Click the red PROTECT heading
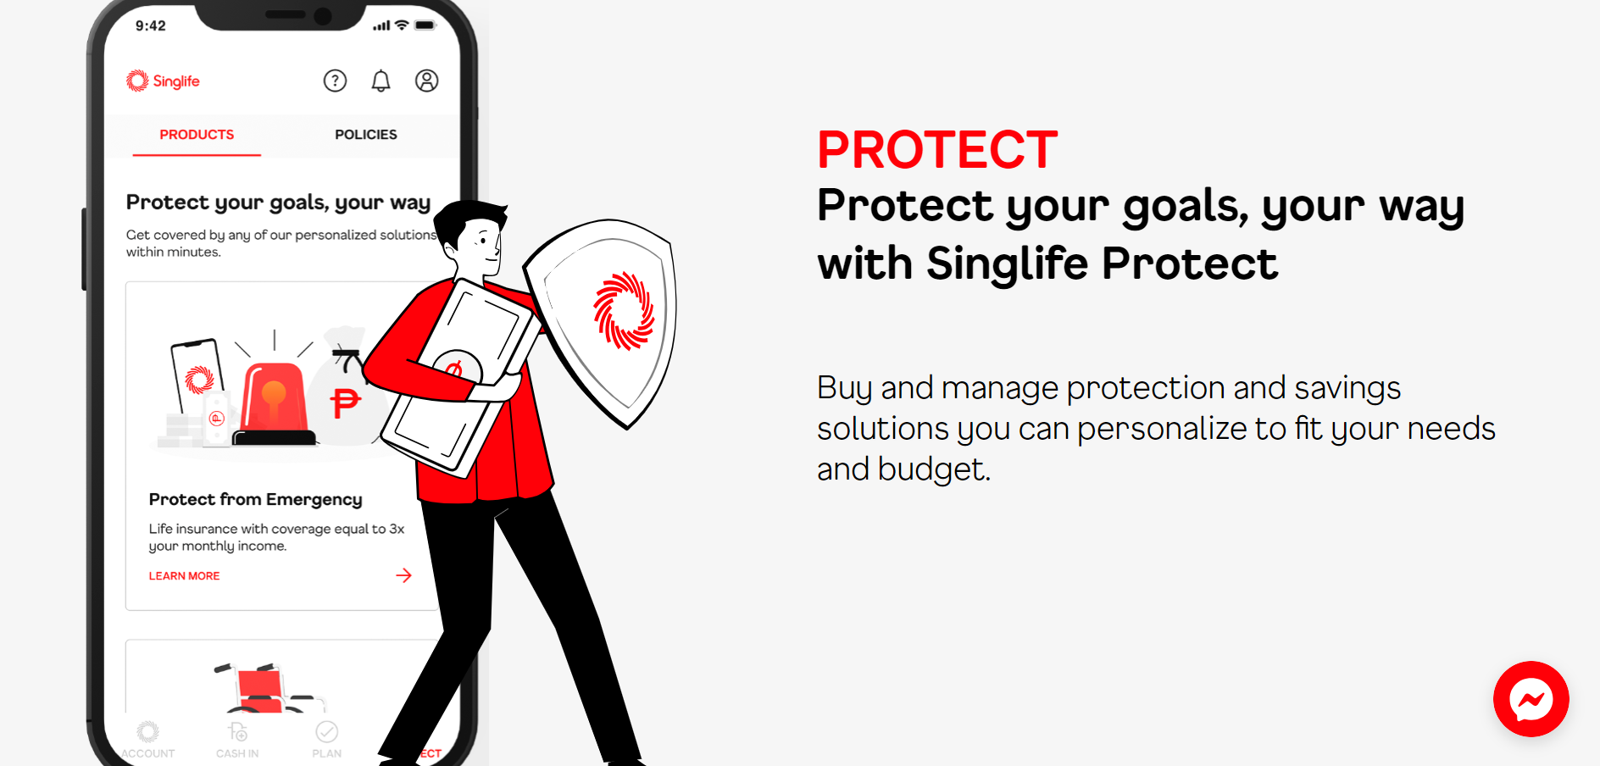click(x=937, y=150)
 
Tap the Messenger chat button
click(x=1531, y=699)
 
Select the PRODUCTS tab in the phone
click(x=197, y=135)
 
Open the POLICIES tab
click(x=365, y=135)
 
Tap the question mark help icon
click(x=335, y=80)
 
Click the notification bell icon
click(x=381, y=80)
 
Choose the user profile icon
click(x=426, y=80)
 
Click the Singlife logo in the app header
click(x=163, y=80)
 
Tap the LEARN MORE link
click(x=184, y=576)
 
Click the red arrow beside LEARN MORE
click(x=403, y=575)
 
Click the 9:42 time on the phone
click(x=151, y=25)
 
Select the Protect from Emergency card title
click(x=255, y=499)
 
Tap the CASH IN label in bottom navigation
click(x=237, y=753)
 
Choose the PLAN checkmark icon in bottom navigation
click(x=326, y=731)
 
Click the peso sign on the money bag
click(x=345, y=402)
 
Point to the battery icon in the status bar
click(x=425, y=25)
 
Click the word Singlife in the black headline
click(x=1007, y=264)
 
